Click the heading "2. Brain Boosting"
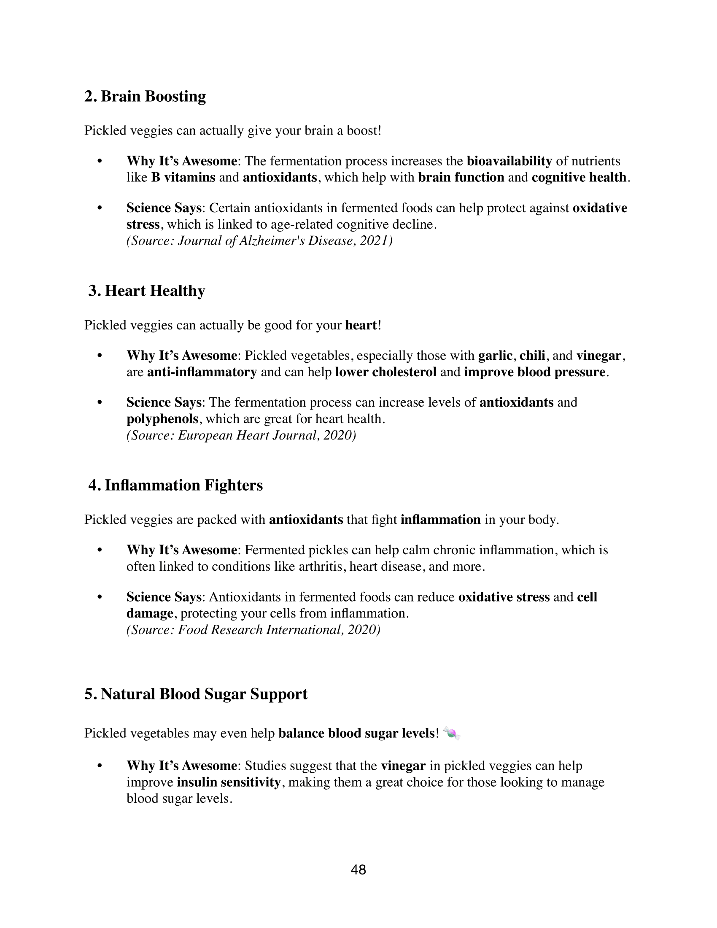(145, 97)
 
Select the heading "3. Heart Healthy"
(146, 291)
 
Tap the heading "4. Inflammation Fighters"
(175, 485)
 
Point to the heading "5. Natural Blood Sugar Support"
(196, 694)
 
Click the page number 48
(358, 870)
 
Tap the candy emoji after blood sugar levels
(452, 734)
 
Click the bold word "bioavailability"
(509, 161)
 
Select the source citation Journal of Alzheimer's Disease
(259, 241)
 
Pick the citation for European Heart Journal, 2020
(241, 436)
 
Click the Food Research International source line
(253, 630)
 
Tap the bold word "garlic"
(495, 356)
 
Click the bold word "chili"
(532, 356)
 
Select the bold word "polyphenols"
(162, 419)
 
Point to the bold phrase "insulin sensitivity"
(229, 782)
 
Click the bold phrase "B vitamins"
(183, 178)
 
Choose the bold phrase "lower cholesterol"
(385, 372)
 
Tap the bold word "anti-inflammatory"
(202, 372)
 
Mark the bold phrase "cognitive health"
(579, 178)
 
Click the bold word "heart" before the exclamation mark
(361, 326)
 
